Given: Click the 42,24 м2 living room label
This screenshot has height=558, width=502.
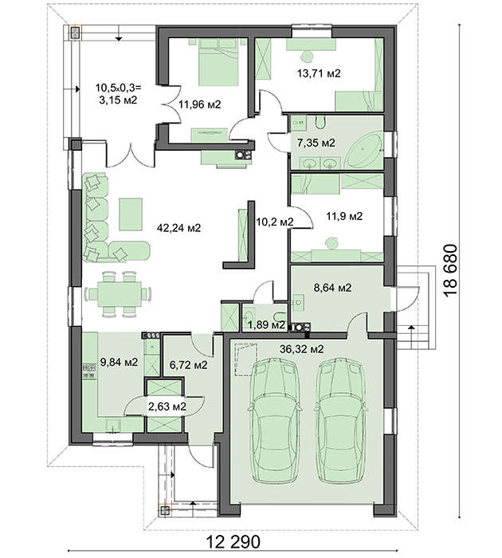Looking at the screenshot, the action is [179, 228].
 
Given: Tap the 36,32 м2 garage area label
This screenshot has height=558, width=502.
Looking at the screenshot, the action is [302, 349].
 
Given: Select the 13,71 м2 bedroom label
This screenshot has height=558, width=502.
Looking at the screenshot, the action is [319, 73].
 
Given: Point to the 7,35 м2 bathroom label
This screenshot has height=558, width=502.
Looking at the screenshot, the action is [316, 143].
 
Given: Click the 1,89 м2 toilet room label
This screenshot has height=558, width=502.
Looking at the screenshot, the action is [266, 324].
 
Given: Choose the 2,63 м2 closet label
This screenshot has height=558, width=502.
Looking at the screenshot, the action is [167, 406].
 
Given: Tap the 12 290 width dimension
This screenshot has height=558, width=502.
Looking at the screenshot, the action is [233, 542].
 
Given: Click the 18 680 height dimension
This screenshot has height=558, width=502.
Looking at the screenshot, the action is [450, 269].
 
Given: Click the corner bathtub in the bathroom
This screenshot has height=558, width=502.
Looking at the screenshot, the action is [363, 150].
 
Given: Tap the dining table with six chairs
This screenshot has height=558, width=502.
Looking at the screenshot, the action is [119, 294].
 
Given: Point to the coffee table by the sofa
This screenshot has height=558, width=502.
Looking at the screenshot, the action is [131, 214].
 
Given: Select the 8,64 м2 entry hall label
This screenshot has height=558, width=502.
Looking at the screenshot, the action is [332, 287].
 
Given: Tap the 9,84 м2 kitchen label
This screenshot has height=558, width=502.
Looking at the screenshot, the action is [119, 362].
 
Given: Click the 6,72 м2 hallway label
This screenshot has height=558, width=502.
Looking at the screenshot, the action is [188, 364].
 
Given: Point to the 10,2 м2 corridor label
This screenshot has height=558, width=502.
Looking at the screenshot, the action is [275, 222].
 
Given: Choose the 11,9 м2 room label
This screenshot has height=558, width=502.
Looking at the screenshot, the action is [344, 216].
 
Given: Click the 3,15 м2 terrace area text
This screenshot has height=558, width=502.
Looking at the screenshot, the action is [118, 100].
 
